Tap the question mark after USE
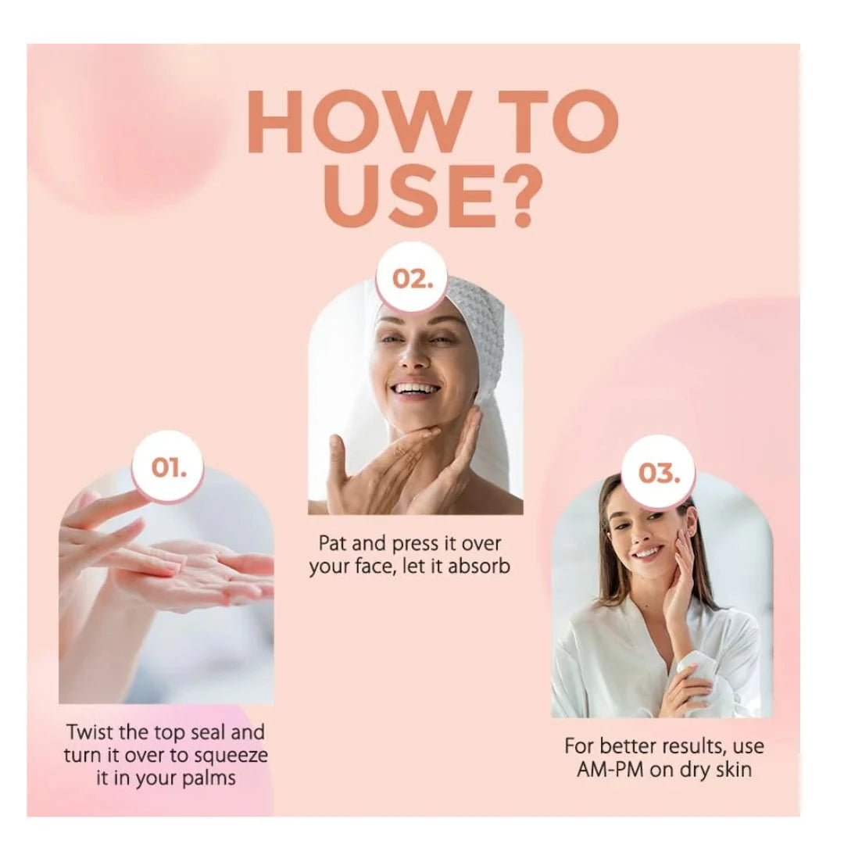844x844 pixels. tap(520, 195)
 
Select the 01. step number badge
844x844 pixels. tap(169, 467)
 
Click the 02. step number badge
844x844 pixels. tap(413, 278)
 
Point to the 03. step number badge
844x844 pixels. tap(659, 473)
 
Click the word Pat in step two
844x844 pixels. tap(331, 543)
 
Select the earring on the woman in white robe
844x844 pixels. tap(692, 533)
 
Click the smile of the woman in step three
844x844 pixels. tap(648, 553)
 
